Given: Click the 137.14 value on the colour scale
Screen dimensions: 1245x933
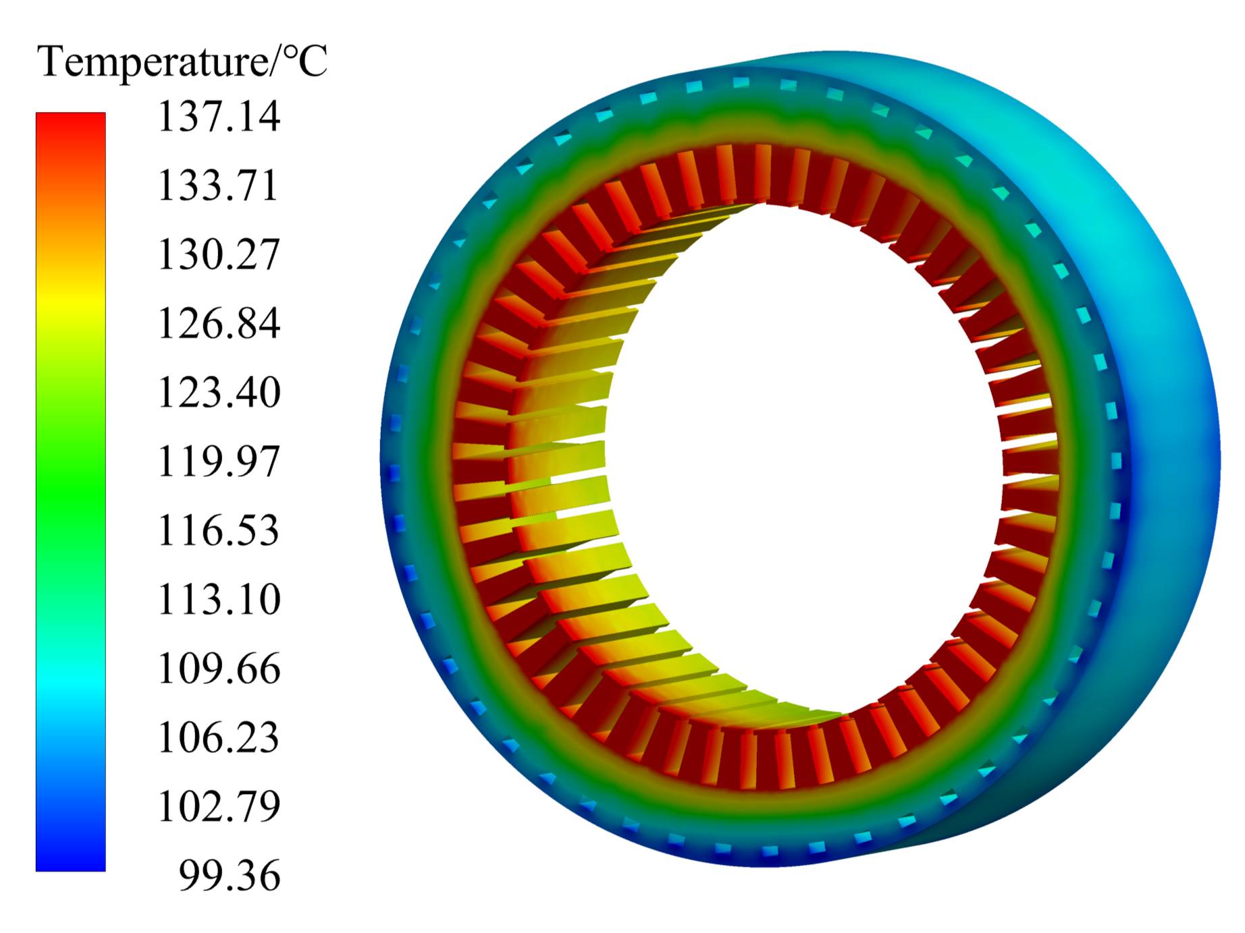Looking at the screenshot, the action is coord(219,116).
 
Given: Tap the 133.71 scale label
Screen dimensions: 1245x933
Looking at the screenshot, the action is coord(218,185).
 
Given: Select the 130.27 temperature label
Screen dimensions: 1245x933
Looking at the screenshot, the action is coord(219,254).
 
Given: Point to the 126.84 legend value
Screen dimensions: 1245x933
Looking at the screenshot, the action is coord(219,323).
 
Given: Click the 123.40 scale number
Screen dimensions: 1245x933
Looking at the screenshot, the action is coord(219,392).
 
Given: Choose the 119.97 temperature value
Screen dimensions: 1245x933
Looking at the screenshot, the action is coord(219,461).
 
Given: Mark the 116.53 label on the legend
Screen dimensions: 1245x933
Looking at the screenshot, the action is coord(218,530).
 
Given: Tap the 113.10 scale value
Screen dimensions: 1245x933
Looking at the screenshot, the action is coord(219,599).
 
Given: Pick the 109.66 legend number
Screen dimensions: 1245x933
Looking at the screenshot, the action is coord(219,669).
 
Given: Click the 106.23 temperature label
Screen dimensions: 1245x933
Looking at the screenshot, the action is coord(218,737).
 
